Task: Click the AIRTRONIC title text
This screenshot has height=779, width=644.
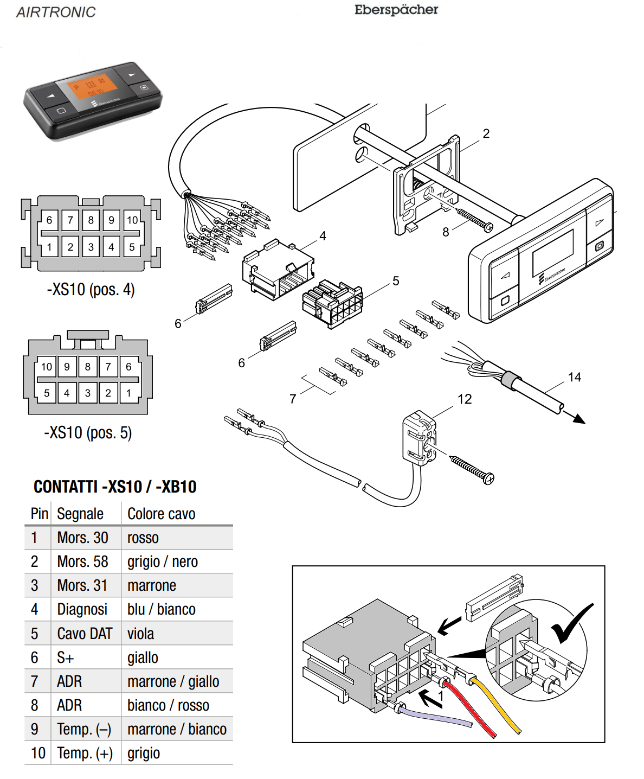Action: click(x=56, y=12)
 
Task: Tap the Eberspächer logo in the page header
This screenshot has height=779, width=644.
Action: click(x=396, y=10)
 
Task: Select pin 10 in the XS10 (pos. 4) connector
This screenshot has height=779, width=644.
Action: click(x=132, y=220)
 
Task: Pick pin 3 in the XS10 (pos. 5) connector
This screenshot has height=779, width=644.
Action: click(x=88, y=393)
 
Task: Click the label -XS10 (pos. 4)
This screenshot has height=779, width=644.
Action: click(x=91, y=289)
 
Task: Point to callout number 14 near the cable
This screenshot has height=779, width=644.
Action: click(x=575, y=377)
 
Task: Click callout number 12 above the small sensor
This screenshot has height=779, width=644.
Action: click(x=465, y=399)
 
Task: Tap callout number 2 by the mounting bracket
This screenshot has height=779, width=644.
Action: click(x=486, y=133)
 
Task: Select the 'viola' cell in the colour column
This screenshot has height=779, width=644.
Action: click(x=141, y=634)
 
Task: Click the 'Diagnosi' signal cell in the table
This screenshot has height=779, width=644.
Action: click(x=82, y=609)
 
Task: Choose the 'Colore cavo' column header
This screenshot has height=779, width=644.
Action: click(x=162, y=514)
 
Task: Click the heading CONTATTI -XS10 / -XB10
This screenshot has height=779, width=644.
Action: click(x=115, y=487)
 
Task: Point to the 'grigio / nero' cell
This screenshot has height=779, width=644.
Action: click(x=163, y=561)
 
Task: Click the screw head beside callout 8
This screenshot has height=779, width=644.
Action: click(x=488, y=227)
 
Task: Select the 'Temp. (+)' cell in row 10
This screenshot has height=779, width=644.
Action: click(x=85, y=753)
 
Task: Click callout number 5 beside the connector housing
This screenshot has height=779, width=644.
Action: click(x=396, y=281)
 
